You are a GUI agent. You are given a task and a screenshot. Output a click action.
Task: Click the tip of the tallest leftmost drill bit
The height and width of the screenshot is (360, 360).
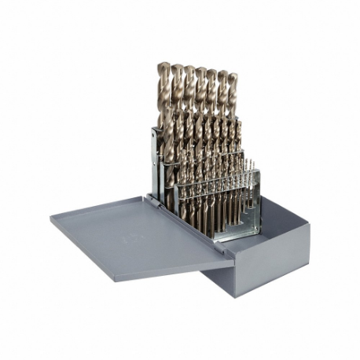pos(163,65)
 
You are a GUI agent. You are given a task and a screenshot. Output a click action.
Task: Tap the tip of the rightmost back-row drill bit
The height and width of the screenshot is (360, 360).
pos(233,76)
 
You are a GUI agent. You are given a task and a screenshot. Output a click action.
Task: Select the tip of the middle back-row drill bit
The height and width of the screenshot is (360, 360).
pos(200,70)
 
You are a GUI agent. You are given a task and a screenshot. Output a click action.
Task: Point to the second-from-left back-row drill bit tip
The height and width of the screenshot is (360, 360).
pos(177,67)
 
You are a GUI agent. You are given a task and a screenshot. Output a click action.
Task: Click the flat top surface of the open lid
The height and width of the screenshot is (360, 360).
pos(134,232)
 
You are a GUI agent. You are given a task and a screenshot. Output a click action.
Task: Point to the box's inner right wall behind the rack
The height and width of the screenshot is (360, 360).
pos(271,208)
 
